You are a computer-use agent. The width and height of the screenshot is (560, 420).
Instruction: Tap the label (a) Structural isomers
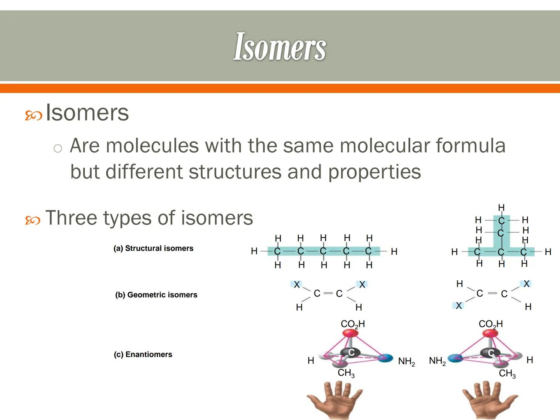pos(153,248)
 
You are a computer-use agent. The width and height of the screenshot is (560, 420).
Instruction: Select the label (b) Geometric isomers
pos(156,295)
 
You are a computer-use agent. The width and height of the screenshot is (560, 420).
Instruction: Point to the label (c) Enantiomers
pos(143,354)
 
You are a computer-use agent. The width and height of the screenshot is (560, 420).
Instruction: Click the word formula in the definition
pos(470,146)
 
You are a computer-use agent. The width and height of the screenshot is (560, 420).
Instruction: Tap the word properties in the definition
pos(374,171)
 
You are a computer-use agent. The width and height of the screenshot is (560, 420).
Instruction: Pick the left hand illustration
pos(334,401)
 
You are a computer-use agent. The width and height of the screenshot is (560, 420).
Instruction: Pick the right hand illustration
pos(490,401)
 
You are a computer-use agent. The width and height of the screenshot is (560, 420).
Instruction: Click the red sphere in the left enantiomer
pos(350,334)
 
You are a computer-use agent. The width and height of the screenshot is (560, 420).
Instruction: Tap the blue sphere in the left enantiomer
pos(385,358)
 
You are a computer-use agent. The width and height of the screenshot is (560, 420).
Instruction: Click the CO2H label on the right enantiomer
pos(490,324)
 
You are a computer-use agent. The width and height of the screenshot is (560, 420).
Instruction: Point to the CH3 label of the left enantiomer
pos(346,373)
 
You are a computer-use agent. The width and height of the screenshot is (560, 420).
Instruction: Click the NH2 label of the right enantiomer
pos(437,361)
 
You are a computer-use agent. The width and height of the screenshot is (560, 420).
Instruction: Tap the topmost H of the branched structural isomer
pos(501,207)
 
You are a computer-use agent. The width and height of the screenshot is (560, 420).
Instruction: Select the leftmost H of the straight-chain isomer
pos(254,251)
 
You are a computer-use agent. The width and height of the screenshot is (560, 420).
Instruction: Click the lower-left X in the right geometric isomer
pos(459,306)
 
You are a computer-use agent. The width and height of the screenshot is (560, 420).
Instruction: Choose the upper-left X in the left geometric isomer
pos(297,285)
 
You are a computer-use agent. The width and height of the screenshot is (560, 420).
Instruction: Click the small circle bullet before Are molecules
pos(58,148)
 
